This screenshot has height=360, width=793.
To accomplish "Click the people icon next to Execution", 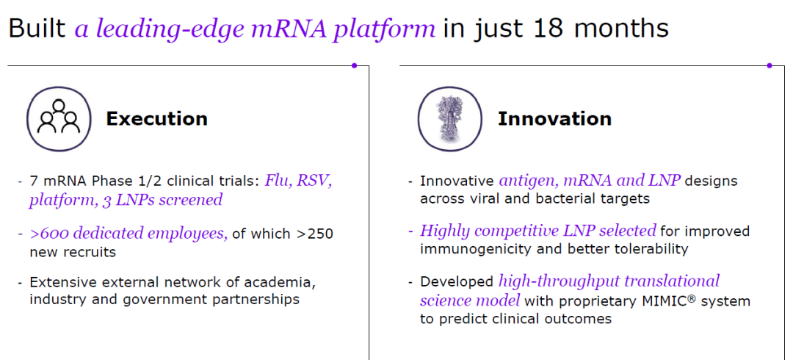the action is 59,119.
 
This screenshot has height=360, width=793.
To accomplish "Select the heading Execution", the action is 157,119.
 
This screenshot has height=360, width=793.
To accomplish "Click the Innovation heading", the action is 555,119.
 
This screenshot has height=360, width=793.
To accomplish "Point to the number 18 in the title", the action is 554,29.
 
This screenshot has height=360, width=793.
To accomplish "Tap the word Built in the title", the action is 37,29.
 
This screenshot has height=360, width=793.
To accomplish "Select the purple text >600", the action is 47,234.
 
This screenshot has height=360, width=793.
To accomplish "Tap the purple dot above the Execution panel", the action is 354,65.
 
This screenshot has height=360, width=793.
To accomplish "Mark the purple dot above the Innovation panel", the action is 770,65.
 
